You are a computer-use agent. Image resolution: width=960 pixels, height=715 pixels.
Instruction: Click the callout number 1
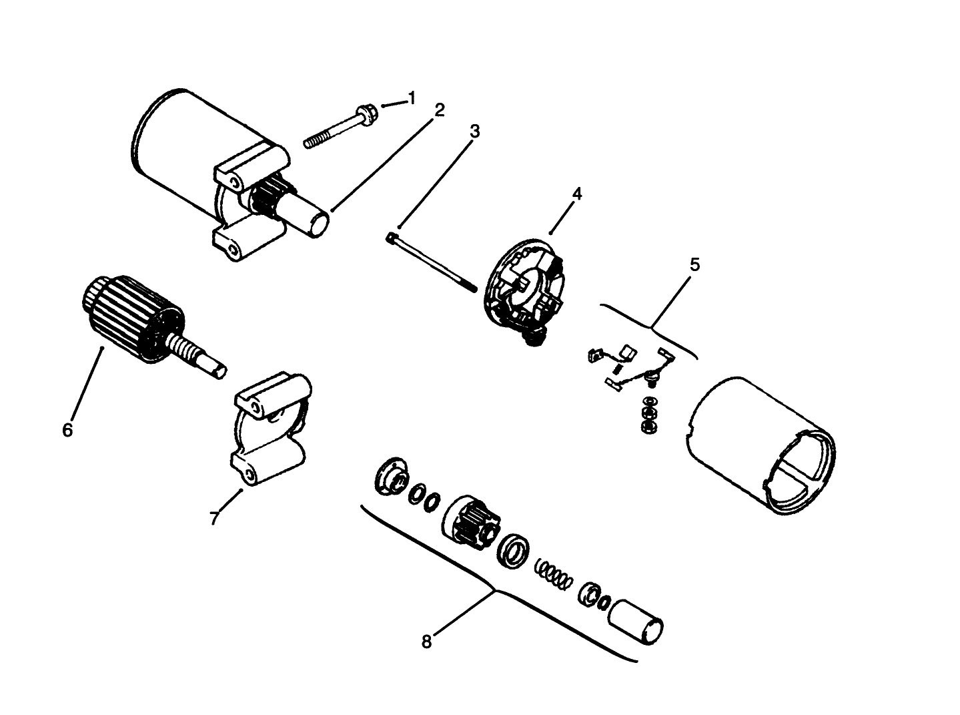point(412,98)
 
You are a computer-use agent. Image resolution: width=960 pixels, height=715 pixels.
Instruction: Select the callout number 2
point(439,110)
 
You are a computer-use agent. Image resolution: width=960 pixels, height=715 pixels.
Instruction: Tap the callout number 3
point(474,132)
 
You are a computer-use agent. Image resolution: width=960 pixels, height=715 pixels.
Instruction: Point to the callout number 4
point(576,194)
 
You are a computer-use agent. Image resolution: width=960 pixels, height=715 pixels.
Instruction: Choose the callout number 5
point(694,265)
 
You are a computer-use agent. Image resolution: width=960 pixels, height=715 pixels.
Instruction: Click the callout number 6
point(67,430)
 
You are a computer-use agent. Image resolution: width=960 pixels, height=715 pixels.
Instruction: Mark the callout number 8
point(427,642)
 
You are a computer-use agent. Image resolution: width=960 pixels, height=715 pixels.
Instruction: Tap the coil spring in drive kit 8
point(554,572)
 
